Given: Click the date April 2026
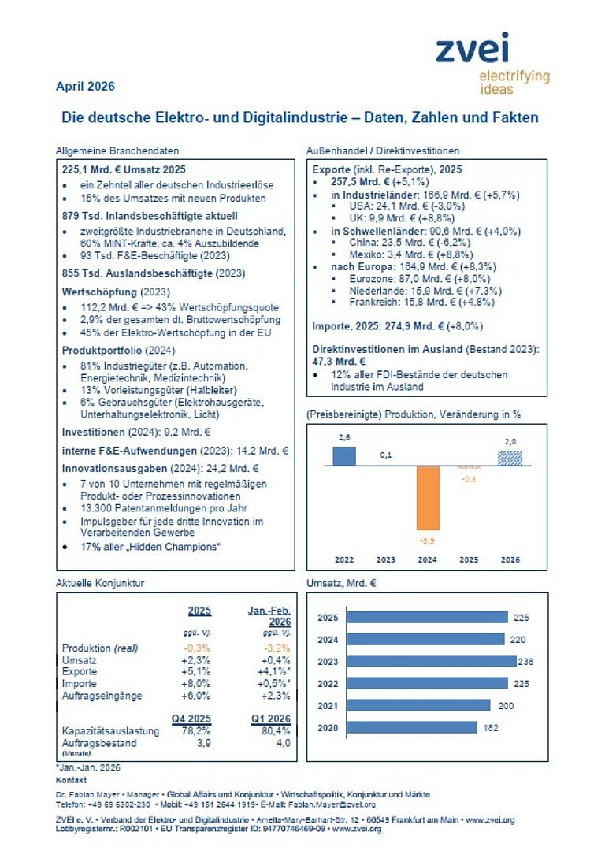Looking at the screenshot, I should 85,86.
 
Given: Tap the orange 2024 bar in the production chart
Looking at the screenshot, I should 428,497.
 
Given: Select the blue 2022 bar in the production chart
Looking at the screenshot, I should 344,456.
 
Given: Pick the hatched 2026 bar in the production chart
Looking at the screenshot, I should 510,458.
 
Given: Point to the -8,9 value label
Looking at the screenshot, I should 427,540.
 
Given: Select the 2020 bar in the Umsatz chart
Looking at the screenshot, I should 399,727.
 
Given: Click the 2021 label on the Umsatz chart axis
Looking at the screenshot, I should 328,705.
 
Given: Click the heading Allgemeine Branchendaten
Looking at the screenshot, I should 117,150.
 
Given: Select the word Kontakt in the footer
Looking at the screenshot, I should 72,780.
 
